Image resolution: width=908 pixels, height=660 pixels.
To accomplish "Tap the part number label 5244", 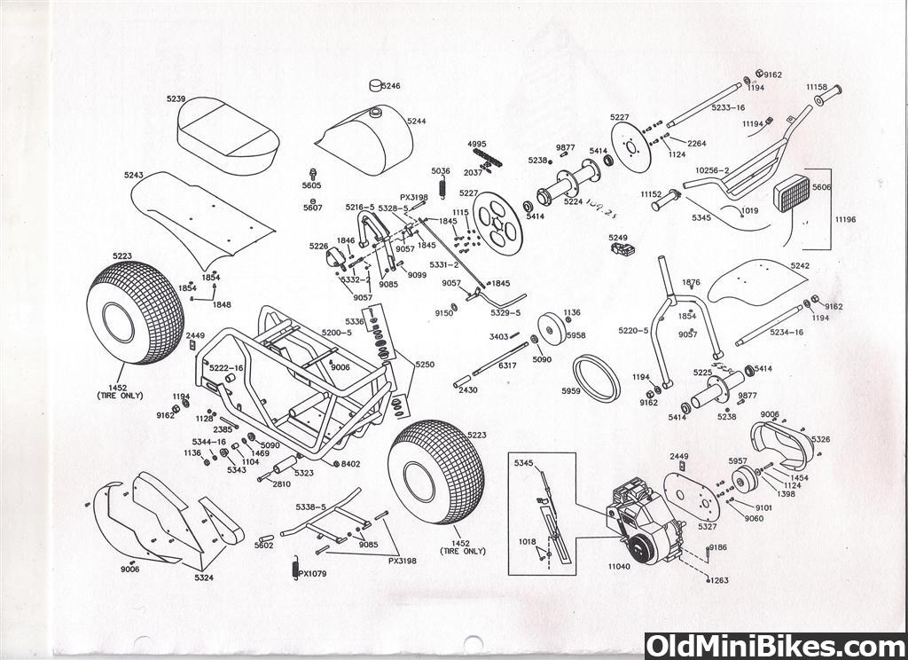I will pos(417,121).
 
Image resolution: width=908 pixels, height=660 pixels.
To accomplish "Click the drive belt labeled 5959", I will pos(595,378).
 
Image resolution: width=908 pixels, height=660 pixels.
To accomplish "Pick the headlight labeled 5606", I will pos(792,192).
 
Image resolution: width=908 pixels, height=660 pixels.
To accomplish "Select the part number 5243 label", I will pos(134,176).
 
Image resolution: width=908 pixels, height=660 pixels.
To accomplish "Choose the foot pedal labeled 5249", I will pos(625,249).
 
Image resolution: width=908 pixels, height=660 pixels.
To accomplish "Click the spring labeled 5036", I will pos(442,188).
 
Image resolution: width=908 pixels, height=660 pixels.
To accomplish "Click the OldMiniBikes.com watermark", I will pos(775,646).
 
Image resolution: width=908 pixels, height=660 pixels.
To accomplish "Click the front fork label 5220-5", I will pos(633,331).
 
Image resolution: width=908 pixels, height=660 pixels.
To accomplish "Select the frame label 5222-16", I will pos(226,367).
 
